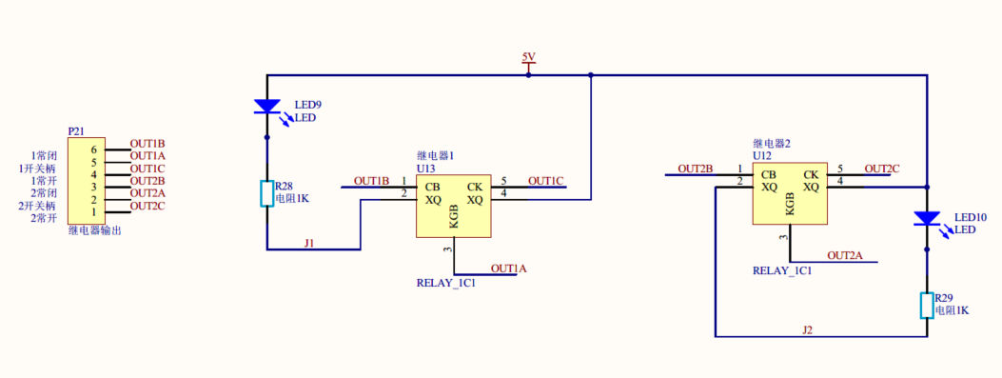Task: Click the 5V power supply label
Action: pyautogui.click(x=529, y=58)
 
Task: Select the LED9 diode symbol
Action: pyautogui.click(x=266, y=106)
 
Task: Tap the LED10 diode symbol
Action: pyautogui.click(x=926, y=219)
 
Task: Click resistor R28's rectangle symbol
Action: pyautogui.click(x=266, y=193)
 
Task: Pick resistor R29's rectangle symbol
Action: pyautogui.click(x=926, y=305)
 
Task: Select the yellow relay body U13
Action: pyautogui.click(x=454, y=206)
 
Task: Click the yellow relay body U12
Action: pyautogui.click(x=790, y=194)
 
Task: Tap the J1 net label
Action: pyautogui.click(x=309, y=244)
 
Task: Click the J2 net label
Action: pyautogui.click(x=807, y=330)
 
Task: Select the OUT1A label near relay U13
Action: pyautogui.click(x=508, y=269)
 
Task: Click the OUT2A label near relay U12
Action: pyautogui.click(x=844, y=255)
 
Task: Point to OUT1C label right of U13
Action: pyautogui.click(x=546, y=181)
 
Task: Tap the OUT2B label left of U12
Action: pyautogui.click(x=695, y=169)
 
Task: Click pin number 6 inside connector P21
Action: pyautogui.click(x=94, y=150)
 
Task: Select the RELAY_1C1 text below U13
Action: pyautogui.click(x=445, y=283)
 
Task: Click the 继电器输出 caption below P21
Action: pyautogui.click(x=94, y=230)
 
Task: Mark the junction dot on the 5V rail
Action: pyautogui.click(x=591, y=74)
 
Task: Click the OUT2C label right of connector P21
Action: pyautogui.click(x=147, y=206)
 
